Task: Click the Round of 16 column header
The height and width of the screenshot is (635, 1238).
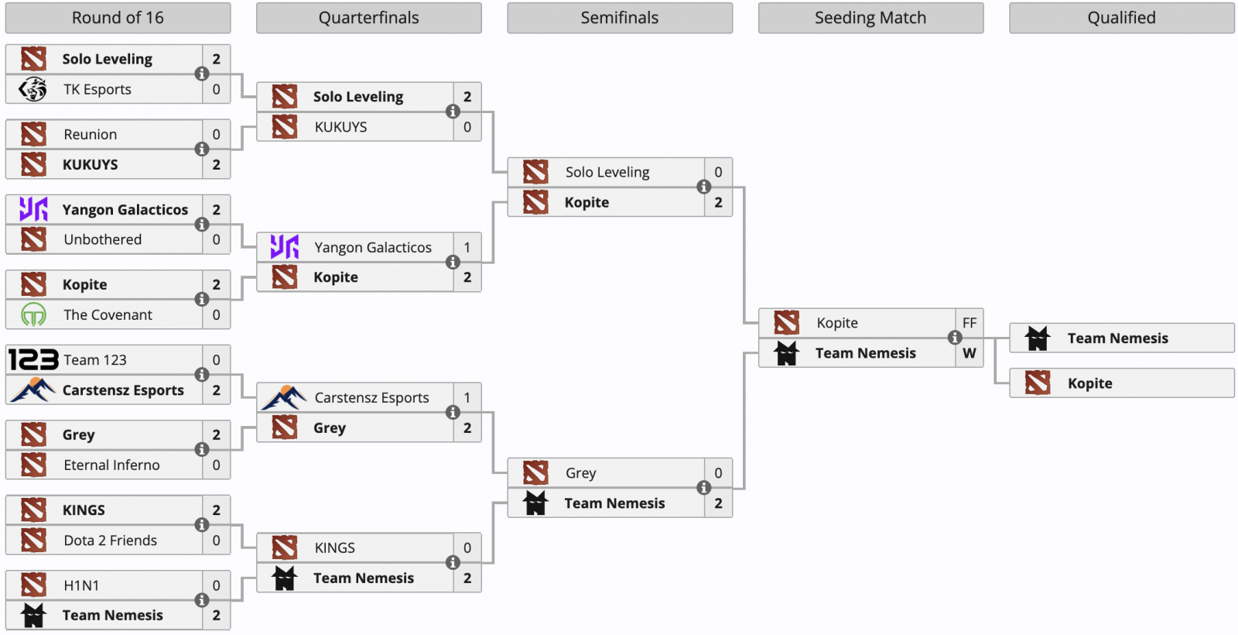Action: click(x=118, y=18)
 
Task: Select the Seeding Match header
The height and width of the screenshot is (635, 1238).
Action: click(x=870, y=18)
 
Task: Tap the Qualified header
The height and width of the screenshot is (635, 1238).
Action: click(x=1121, y=18)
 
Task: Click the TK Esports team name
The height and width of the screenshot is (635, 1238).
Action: click(x=97, y=89)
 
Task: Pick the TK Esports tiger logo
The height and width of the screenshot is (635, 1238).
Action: click(x=32, y=89)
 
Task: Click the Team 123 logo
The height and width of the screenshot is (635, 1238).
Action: click(x=33, y=359)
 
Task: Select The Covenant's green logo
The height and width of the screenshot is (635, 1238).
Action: click(x=33, y=314)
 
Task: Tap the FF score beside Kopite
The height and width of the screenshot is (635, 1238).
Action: click(x=970, y=323)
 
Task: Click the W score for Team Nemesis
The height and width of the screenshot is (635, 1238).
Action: click(x=970, y=353)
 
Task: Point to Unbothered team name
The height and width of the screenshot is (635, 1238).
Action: click(x=103, y=239)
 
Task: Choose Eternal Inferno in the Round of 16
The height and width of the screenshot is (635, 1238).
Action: click(x=111, y=465)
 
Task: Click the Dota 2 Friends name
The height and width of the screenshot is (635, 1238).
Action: click(x=111, y=541)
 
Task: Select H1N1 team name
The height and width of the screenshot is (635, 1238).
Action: click(x=81, y=585)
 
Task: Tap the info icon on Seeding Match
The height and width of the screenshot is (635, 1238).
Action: click(x=955, y=338)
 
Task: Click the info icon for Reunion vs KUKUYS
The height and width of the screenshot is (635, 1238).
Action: click(x=202, y=149)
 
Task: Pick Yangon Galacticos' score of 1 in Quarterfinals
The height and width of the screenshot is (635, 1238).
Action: click(x=467, y=247)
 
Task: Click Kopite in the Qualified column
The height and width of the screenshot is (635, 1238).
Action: click(x=1090, y=383)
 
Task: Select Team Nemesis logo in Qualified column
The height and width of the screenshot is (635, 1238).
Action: click(x=1038, y=338)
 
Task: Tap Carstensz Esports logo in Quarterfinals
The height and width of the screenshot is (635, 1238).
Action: click(x=284, y=398)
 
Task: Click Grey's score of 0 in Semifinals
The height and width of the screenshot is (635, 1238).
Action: click(x=718, y=473)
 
